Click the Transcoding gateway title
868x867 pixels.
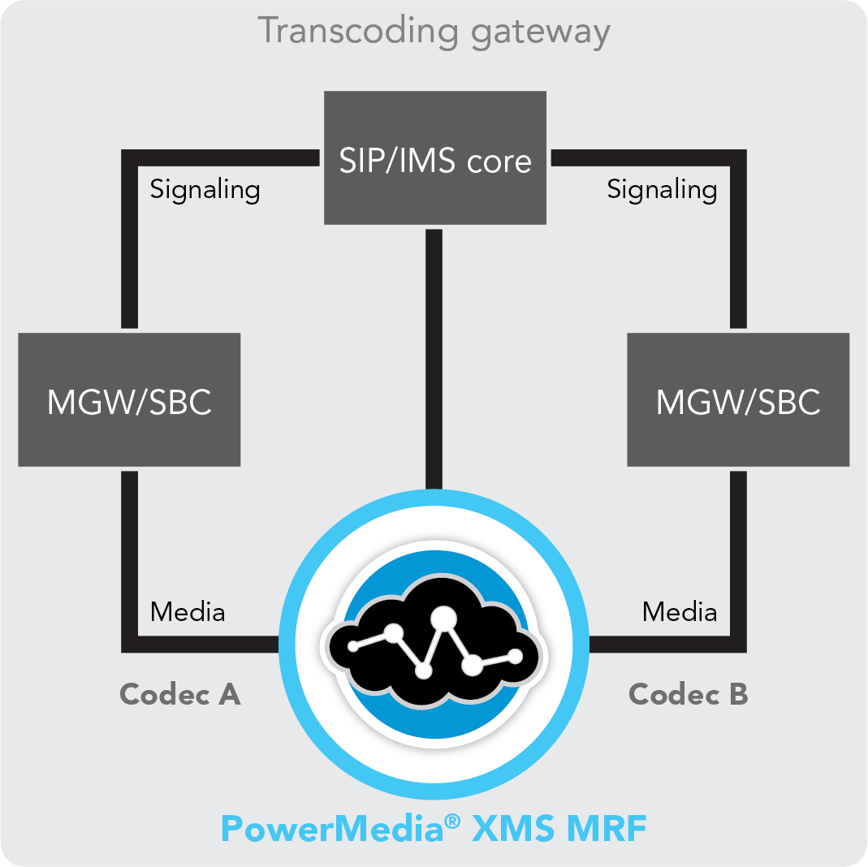pos(434,32)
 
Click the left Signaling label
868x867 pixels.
pos(205,190)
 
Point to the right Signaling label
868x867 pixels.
pos(662,190)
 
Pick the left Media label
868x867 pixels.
pos(188,611)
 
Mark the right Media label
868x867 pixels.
pos(680,611)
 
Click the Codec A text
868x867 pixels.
pos(180,694)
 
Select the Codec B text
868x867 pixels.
pos(689,694)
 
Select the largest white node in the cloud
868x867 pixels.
pos(443,619)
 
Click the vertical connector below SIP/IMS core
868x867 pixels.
pos(434,357)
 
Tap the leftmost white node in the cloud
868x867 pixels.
pos(353,646)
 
